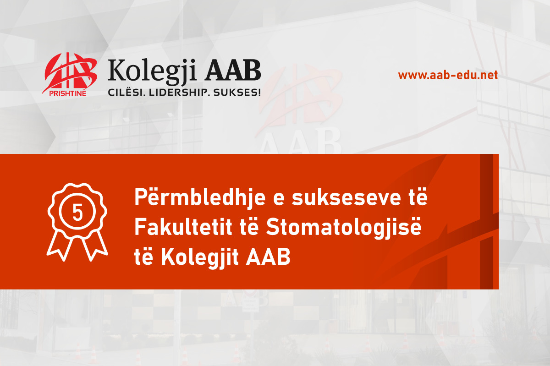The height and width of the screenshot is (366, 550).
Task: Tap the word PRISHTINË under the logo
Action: pyautogui.click(x=67, y=93)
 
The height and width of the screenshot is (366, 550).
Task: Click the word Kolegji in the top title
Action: pyautogui.click(x=152, y=71)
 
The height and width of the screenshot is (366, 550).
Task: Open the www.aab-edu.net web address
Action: pyautogui.click(x=448, y=75)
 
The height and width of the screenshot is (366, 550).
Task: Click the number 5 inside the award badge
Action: pyautogui.click(x=77, y=213)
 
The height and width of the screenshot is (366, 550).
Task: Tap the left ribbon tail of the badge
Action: pyautogui.click(x=60, y=246)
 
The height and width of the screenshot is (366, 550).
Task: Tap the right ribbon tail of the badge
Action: pyautogui.click(x=94, y=246)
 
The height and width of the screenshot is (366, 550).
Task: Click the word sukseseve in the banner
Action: pyautogui.click(x=346, y=198)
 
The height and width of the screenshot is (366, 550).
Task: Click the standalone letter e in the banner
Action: pyautogui.click(x=279, y=200)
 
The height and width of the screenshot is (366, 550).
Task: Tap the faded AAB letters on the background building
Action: pyautogui.click(x=300, y=142)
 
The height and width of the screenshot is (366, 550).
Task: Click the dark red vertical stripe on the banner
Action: pyautogui.click(x=486, y=221)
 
